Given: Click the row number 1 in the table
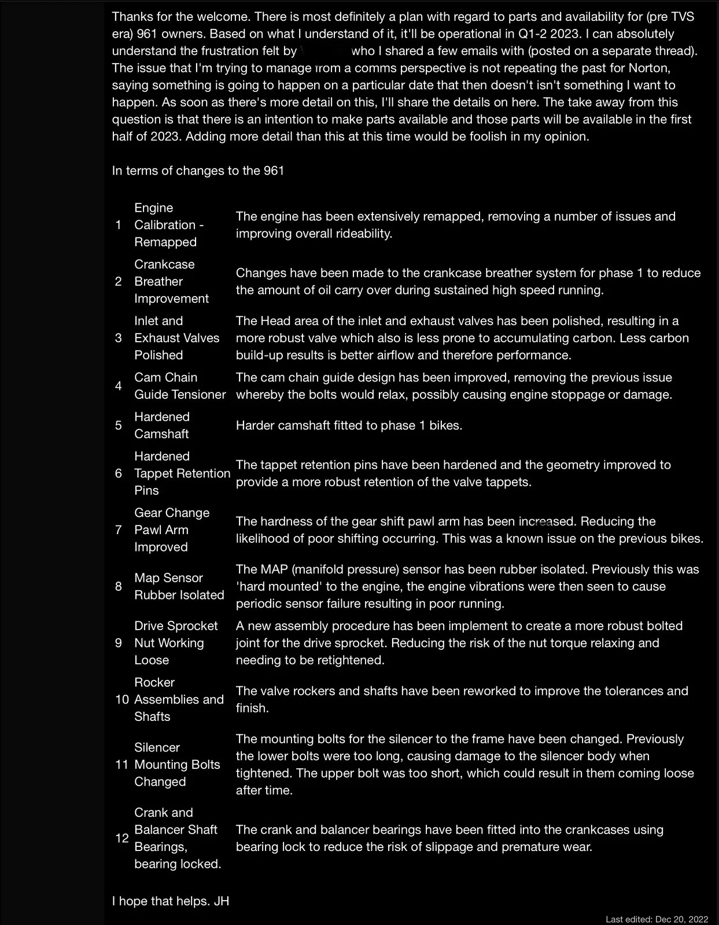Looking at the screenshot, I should pos(118,225).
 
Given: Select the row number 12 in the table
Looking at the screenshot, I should pos(122,838).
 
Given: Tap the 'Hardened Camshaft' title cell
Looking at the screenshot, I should pos(162,425).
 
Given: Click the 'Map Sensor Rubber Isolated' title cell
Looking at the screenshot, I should pos(179,586).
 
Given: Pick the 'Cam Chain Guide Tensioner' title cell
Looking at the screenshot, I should pos(180,386).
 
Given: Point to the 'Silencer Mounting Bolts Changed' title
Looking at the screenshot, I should pos(177,764).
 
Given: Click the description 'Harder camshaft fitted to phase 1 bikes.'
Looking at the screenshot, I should pos(349,425).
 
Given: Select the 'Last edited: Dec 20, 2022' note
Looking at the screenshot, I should pos(657,919).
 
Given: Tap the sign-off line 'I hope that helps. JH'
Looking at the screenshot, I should pos(171,901).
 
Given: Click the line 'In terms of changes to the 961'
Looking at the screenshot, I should pos(198,171).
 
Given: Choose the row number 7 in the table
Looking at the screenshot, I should pos(118,530).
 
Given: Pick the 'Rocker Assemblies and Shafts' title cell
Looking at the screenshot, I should pos(179,700).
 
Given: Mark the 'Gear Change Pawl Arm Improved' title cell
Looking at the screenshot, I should pos(172,530).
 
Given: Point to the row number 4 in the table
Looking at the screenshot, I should pos(118,386).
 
